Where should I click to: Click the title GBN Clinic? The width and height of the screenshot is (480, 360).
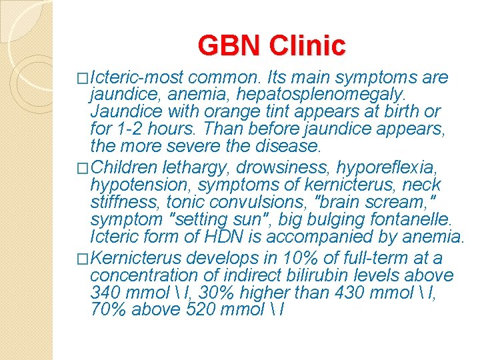271,45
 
